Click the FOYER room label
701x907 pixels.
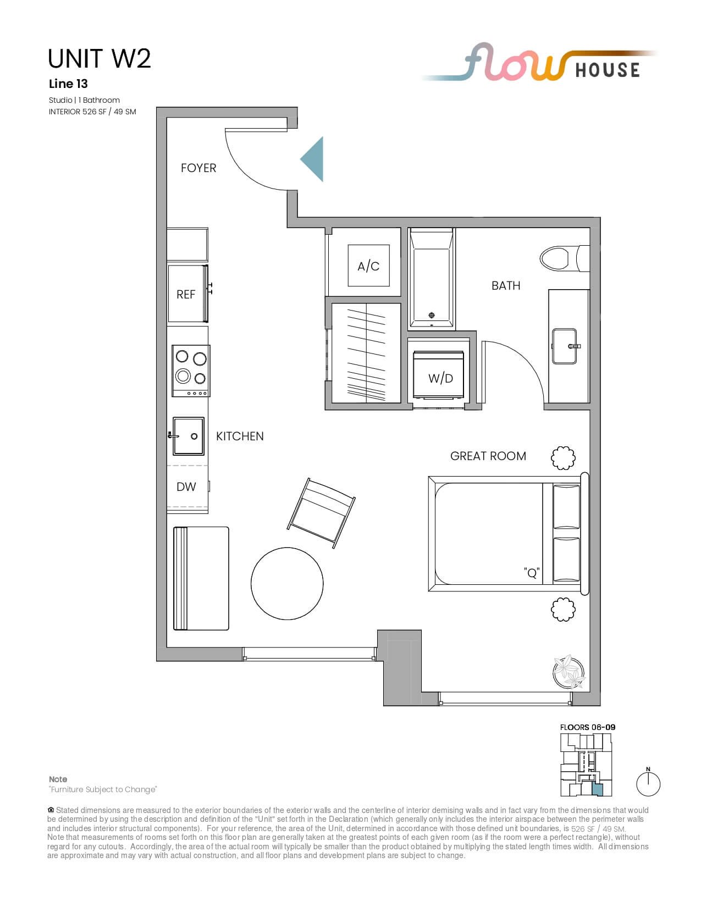tap(198, 168)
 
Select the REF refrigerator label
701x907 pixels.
tap(186, 295)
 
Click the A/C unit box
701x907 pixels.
tap(369, 266)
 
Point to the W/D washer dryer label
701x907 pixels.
tap(440, 379)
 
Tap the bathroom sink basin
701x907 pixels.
tap(565, 346)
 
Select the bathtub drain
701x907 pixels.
tap(432, 315)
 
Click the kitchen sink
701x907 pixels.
tap(188, 436)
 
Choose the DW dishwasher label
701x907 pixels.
tap(186, 486)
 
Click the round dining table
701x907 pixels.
tap(287, 583)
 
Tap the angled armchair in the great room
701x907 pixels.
tap(321, 513)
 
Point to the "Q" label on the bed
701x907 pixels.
tap(532, 573)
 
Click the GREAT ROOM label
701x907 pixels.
tap(488, 456)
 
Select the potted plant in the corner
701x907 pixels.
tap(568, 672)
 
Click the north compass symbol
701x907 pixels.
tap(648, 783)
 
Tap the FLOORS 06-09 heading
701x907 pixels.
tap(587, 727)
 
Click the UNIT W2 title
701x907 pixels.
tap(100, 58)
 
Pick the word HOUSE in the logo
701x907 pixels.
tap(608, 70)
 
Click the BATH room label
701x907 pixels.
tap(506, 286)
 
